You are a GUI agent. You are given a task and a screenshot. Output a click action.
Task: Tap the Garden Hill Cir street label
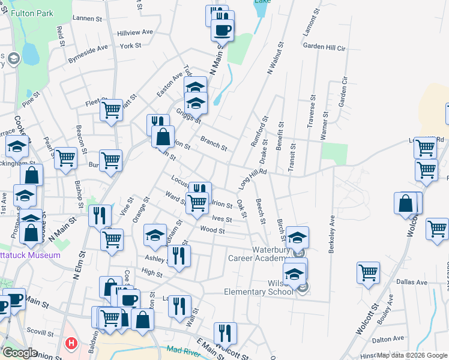[325, 46]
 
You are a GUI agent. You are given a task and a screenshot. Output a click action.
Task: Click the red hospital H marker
[71, 344]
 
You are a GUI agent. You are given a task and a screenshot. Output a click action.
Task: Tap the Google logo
[20, 353]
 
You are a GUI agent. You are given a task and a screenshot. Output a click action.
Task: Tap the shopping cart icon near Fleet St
[111, 110]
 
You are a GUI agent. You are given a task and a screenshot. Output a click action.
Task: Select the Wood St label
[212, 230]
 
